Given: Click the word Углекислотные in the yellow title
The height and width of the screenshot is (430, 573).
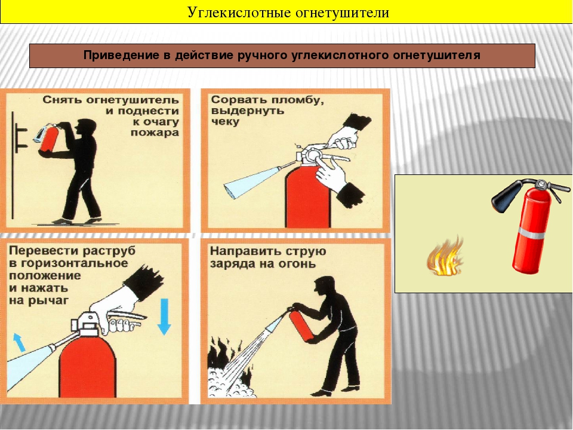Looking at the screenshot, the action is pyautogui.click(x=239, y=13).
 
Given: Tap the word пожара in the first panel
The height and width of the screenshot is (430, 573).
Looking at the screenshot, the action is pyautogui.click(x=155, y=132).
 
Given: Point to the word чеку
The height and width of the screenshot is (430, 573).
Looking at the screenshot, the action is pyautogui.click(x=225, y=122).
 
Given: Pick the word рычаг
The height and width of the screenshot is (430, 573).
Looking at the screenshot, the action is pyautogui.click(x=51, y=301).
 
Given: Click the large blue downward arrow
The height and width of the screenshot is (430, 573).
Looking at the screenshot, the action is pyautogui.click(x=164, y=317).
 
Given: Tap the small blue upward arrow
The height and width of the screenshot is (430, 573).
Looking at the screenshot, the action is pyautogui.click(x=20, y=342).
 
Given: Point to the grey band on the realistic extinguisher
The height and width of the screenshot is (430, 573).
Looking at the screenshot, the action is pyautogui.click(x=533, y=234).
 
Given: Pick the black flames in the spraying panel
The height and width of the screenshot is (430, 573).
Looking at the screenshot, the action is pyautogui.click(x=226, y=358).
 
